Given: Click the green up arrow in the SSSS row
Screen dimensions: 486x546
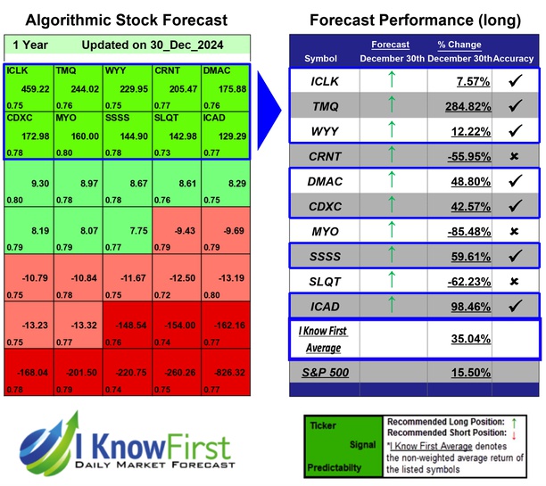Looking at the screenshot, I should [x=389, y=256].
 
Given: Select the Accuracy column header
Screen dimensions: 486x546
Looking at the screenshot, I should [x=516, y=58].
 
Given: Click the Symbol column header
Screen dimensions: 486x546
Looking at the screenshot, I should [x=321, y=58].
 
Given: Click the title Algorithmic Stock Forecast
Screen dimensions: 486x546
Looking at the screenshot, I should [x=126, y=20].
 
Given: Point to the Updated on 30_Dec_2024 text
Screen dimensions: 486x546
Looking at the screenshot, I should [x=157, y=45].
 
